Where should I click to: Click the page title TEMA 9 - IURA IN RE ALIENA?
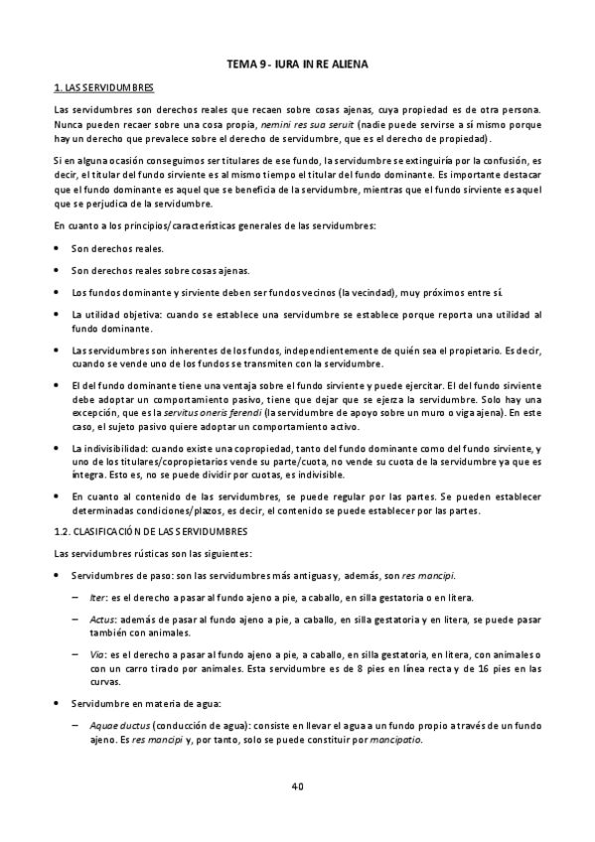pos(297,65)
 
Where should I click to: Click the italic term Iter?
pos(96,597)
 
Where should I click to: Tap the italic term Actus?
pos(100,619)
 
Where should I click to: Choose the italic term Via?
pos(96,654)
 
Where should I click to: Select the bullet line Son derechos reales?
pos(118,248)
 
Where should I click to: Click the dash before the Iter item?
pos(77,597)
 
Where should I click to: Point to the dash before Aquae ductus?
pos(77,726)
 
